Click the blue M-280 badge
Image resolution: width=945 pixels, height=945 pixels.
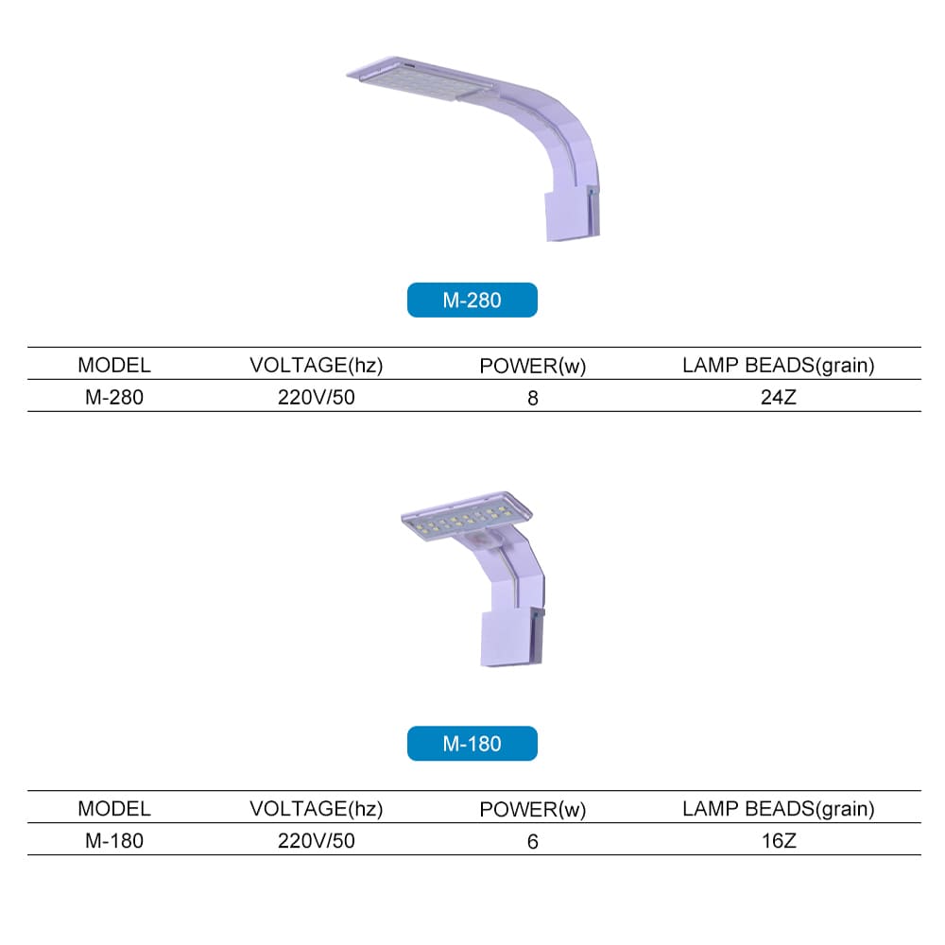[x=472, y=300]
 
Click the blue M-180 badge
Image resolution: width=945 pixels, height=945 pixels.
[x=472, y=743]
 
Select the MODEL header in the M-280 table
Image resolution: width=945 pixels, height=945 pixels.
[x=114, y=365]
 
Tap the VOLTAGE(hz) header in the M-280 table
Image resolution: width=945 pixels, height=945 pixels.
[x=317, y=365]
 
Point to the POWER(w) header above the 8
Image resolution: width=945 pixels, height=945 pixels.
[x=533, y=366]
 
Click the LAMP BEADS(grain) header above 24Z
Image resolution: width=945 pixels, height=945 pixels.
[x=778, y=365]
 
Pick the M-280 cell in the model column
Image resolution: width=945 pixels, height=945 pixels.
[x=114, y=397]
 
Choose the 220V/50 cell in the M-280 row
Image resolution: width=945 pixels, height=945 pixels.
[x=317, y=397]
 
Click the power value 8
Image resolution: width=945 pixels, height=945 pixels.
[x=533, y=399]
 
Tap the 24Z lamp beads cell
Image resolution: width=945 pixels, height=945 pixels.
[x=778, y=397]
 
